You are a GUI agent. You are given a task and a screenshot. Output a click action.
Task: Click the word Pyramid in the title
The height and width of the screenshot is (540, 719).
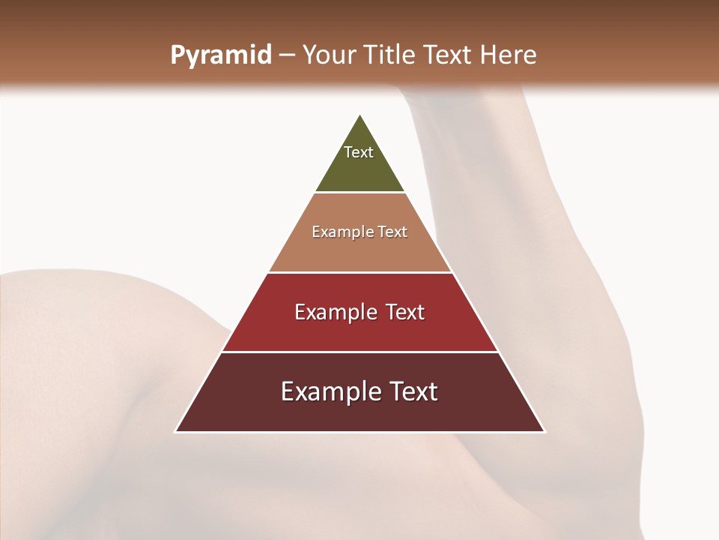point(221,55)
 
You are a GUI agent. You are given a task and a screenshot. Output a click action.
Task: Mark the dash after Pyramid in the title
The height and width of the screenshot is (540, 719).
point(287,55)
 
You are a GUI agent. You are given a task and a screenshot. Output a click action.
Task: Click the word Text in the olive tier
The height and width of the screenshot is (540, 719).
point(359,152)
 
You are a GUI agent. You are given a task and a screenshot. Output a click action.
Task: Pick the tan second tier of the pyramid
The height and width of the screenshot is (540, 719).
point(360,251)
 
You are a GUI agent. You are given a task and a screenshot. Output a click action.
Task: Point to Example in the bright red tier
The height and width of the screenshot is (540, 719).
point(335,312)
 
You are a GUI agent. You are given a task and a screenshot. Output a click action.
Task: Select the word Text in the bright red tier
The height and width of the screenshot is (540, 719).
point(405,312)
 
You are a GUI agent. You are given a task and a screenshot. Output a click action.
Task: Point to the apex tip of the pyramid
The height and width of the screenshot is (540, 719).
point(360,115)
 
